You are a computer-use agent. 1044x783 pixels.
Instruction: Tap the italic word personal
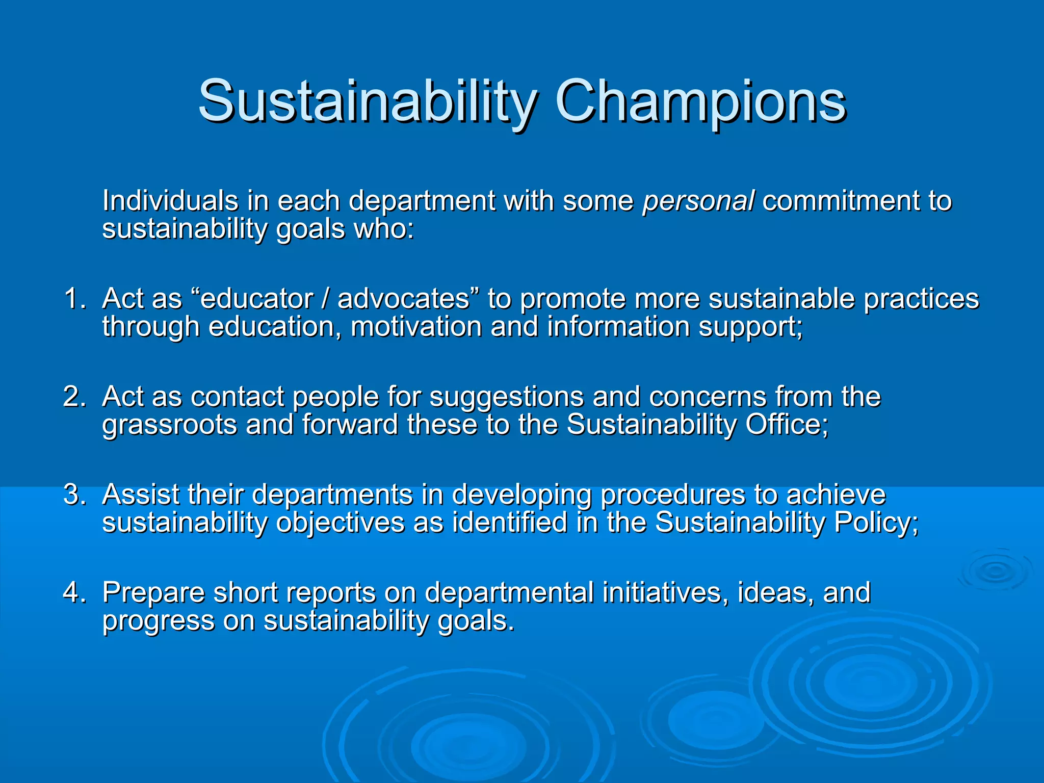click(698, 201)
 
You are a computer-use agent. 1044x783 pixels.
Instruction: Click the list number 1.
click(74, 298)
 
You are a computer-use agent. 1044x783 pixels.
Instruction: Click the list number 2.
click(74, 396)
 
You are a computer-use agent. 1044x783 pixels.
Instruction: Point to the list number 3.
click(74, 494)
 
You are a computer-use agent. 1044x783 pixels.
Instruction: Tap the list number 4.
click(74, 592)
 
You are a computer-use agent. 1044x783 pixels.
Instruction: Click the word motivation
click(416, 326)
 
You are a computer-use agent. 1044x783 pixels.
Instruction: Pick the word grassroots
click(170, 425)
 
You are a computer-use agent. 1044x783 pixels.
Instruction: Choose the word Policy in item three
click(872, 523)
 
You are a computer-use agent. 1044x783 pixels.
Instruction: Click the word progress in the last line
click(158, 621)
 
